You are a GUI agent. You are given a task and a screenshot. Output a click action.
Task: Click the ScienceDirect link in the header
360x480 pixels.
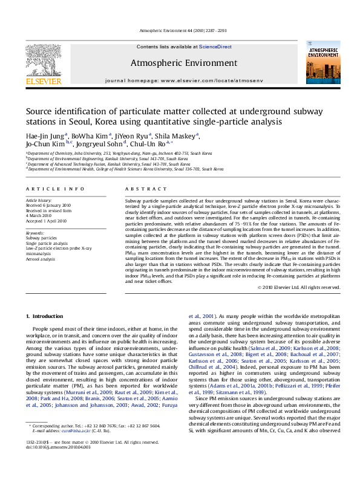click(215, 47)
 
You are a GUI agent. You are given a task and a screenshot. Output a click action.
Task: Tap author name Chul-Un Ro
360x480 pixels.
click(153, 144)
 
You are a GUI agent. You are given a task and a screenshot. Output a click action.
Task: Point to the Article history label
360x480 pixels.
click(39, 200)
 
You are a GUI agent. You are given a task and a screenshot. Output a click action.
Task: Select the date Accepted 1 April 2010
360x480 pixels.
click(46, 221)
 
